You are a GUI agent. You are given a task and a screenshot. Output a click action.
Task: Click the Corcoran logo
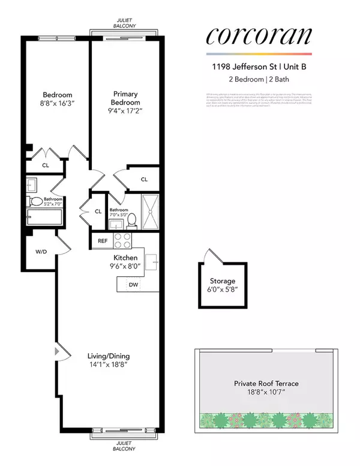[x=259, y=36]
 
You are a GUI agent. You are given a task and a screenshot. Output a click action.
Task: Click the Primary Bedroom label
[x=125, y=98]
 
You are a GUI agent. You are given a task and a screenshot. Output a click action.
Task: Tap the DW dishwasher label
[x=133, y=285]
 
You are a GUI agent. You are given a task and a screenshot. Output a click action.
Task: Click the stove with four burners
[x=122, y=241]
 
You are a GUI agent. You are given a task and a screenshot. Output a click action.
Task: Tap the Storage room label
[x=222, y=280]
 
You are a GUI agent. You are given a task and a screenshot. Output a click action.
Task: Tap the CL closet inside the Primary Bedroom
[x=144, y=179]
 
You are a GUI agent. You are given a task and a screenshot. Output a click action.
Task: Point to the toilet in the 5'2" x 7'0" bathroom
[x=37, y=202]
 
